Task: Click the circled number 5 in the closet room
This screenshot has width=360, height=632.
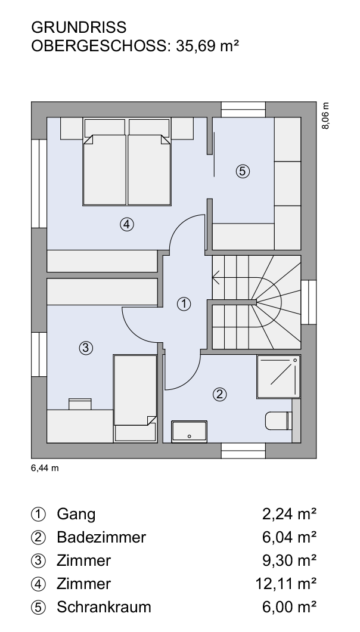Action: [x=242, y=171]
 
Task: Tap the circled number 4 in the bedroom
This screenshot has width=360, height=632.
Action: [x=126, y=224]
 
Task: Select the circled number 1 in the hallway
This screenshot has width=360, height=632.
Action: [x=184, y=304]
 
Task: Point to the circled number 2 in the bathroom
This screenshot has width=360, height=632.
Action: [x=219, y=394]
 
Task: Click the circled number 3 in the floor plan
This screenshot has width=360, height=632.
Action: [x=85, y=348]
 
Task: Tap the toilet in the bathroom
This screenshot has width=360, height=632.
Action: [x=278, y=421]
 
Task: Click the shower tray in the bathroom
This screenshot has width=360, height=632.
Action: [x=278, y=376]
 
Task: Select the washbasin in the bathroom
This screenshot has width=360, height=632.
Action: [x=189, y=432]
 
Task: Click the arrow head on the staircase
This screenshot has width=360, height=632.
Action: [x=216, y=277]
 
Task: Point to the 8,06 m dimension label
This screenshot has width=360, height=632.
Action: [x=325, y=116]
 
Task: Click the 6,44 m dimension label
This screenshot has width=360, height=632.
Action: [x=45, y=468]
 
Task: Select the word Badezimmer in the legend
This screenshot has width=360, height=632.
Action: [x=101, y=537]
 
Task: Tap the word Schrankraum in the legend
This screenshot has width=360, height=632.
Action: [x=104, y=607]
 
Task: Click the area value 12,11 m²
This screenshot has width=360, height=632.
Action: [x=286, y=583]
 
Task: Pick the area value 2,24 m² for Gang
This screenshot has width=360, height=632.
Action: [x=289, y=514]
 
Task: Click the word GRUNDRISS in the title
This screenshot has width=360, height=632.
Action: [x=79, y=27]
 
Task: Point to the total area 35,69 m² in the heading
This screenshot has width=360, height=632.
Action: [x=207, y=46]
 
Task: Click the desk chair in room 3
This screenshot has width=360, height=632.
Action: [x=80, y=404]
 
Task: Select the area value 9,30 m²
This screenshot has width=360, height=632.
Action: [x=289, y=560]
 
